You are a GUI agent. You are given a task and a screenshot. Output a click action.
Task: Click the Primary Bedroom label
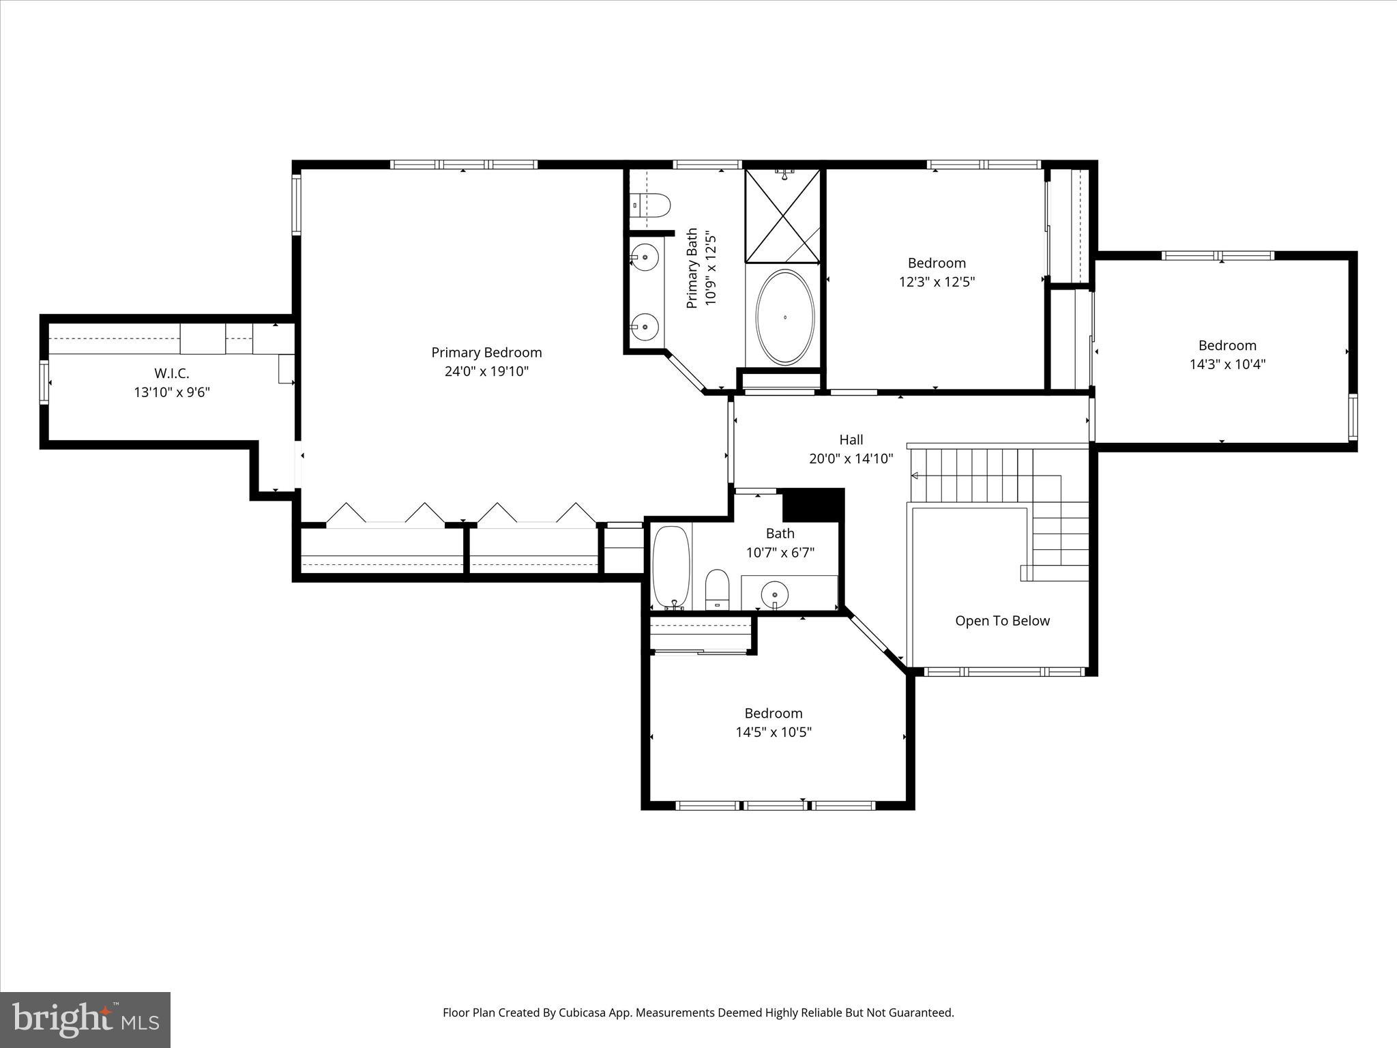tap(486, 353)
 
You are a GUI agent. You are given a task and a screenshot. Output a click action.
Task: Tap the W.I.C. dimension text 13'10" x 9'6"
tap(171, 392)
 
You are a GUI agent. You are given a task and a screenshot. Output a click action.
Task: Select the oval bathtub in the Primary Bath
tap(785, 317)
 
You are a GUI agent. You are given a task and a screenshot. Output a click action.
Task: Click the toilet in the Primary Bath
tap(653, 204)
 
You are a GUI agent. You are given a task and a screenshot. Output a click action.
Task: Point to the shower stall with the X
tap(782, 216)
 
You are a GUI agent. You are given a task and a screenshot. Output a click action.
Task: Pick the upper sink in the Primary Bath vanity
tap(644, 257)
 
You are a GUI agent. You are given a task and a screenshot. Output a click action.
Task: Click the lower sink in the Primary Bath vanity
tap(644, 327)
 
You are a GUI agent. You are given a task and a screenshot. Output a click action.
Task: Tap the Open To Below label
tap(1002, 621)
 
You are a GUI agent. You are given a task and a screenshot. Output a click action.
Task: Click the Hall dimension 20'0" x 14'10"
tap(851, 458)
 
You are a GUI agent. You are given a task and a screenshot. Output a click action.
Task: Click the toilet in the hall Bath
tap(717, 589)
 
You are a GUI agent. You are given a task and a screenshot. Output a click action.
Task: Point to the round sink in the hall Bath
tap(775, 594)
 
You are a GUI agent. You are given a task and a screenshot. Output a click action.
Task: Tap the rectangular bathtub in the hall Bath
tap(671, 567)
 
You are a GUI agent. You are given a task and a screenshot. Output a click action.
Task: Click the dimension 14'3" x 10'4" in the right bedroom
tap(1227, 364)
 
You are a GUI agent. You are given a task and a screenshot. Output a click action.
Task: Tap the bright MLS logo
tap(85, 1019)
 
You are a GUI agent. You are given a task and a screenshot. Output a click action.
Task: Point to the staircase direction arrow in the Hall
tap(915, 476)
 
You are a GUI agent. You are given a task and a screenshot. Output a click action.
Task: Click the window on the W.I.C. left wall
tap(44, 383)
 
